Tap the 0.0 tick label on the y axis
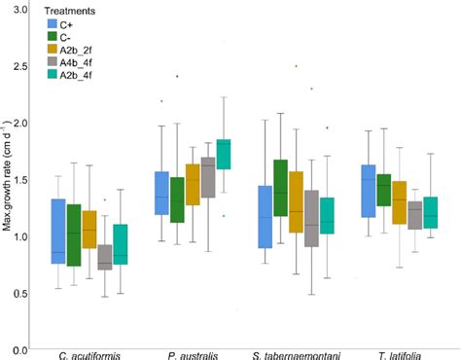point(21,347)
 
